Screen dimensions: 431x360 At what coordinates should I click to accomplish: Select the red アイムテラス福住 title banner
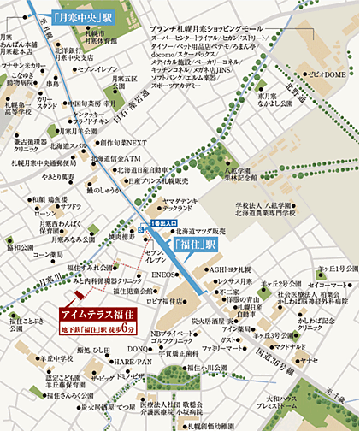coord(99,314)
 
